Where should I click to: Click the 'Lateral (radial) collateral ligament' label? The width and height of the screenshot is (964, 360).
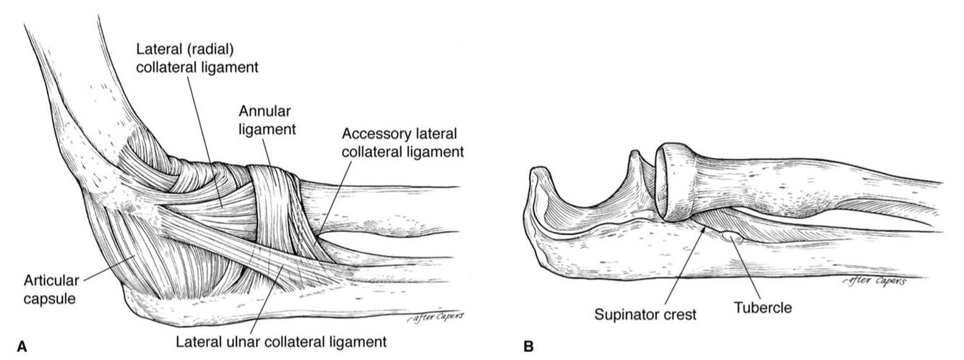tap(198, 57)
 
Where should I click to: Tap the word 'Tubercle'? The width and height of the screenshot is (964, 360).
tap(762, 307)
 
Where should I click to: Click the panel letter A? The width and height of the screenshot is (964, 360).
tap(21, 348)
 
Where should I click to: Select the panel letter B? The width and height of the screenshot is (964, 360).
tap(528, 348)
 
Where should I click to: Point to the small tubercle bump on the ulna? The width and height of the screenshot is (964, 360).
tap(731, 236)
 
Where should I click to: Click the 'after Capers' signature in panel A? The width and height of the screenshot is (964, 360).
tap(434, 316)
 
